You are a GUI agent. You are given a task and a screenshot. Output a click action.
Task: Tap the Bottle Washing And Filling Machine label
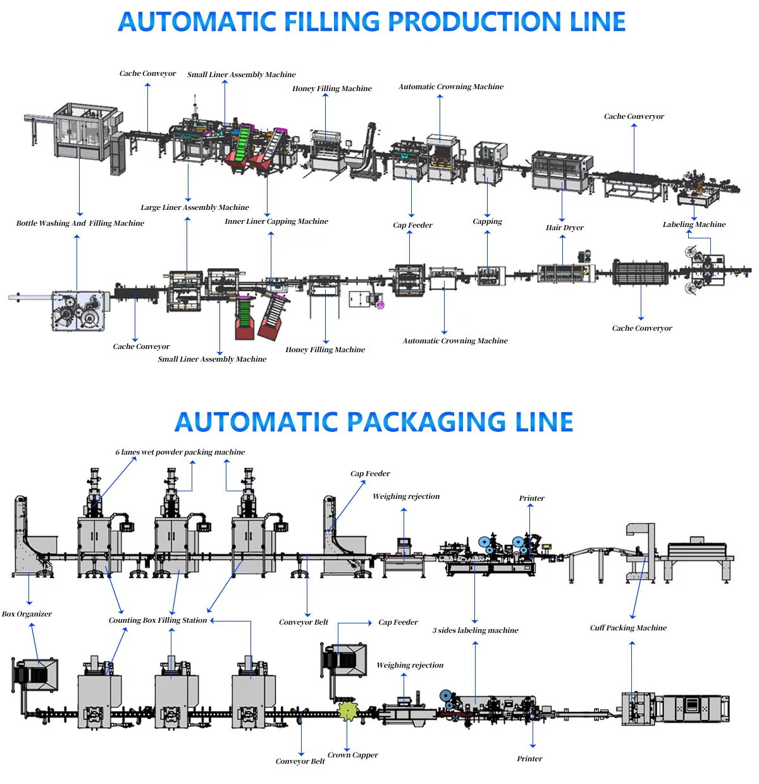(x=80, y=223)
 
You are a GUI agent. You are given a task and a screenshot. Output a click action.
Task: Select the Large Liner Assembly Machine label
(x=195, y=207)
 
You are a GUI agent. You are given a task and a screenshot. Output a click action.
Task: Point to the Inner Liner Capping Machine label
(x=276, y=221)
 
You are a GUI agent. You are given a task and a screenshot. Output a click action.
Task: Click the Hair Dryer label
(x=565, y=228)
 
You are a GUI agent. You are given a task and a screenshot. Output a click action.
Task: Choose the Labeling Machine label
(x=694, y=224)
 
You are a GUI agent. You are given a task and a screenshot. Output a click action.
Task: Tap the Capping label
(x=488, y=221)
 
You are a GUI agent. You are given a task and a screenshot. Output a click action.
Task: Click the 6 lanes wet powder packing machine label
(x=180, y=452)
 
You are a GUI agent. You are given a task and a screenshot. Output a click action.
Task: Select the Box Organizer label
(x=27, y=614)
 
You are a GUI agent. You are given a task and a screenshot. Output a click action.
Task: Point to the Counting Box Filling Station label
(x=158, y=620)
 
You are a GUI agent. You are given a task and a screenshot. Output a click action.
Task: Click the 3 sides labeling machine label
(x=476, y=630)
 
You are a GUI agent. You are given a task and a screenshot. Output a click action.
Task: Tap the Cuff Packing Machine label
(x=628, y=628)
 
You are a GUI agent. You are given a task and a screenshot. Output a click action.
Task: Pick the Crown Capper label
(x=353, y=755)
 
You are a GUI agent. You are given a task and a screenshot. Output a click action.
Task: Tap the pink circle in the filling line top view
(x=380, y=305)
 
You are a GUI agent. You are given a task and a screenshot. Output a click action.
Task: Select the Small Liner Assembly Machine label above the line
(x=242, y=75)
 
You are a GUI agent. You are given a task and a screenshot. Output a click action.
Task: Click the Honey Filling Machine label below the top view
(x=325, y=350)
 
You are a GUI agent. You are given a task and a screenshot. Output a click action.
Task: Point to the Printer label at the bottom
(x=529, y=759)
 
